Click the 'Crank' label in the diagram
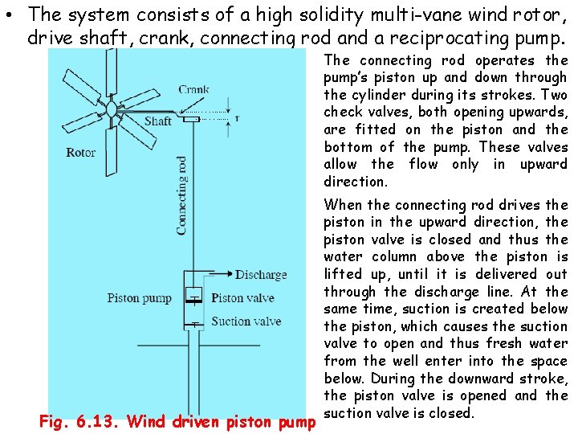click(193, 90)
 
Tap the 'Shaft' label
click(158, 121)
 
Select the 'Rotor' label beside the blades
click(81, 152)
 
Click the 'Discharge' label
click(261, 274)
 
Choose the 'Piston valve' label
click(243, 298)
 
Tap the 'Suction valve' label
click(246, 321)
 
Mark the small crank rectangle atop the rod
click(192, 119)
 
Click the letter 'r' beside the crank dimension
click(236, 117)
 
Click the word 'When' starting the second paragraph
click(343, 205)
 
